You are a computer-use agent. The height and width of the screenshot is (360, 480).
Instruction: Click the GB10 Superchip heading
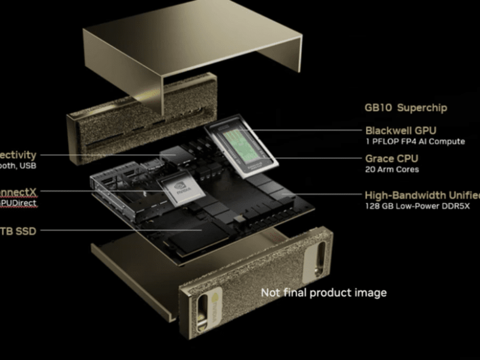coord(406,108)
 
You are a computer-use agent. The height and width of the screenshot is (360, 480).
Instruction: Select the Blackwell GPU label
coord(401,130)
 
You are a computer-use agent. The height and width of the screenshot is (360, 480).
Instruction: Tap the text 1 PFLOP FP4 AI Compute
coord(415,142)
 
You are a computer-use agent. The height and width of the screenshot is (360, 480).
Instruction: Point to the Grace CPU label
coord(392,158)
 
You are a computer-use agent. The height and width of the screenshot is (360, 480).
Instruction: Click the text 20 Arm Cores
coord(391,170)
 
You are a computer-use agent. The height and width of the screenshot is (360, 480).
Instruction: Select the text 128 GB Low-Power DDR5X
coord(418,206)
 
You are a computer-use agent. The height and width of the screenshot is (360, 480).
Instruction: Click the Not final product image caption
coord(323,293)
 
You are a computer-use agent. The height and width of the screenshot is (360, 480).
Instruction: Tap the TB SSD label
coord(18,230)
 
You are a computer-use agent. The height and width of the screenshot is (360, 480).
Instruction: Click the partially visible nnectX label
coord(18,192)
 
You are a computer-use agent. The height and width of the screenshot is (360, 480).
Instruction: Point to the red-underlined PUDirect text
coord(18,203)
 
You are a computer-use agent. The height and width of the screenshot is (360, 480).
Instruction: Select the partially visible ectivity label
coord(18,155)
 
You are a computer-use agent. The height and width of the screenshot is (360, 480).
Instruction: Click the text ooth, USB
coord(18,166)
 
